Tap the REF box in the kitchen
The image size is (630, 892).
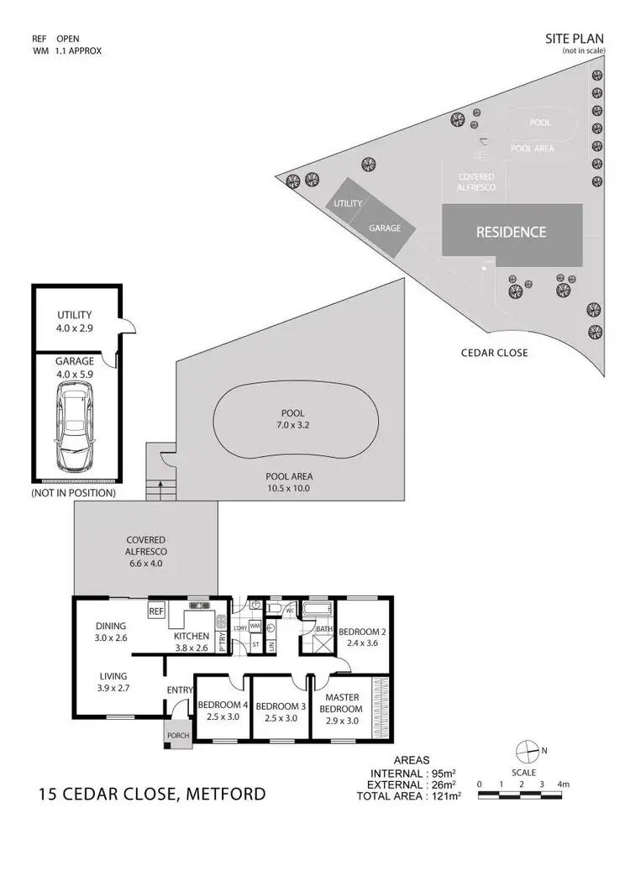156,611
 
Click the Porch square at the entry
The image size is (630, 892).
178,735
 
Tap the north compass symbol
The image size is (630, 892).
527,750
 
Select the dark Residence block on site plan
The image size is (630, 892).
511,232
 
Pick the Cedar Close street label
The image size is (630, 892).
495,353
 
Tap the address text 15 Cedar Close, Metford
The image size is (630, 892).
153,793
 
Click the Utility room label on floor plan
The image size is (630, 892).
74,321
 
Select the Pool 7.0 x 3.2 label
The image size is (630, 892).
292,419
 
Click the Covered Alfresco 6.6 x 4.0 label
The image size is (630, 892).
146,546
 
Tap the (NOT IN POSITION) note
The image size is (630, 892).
73,493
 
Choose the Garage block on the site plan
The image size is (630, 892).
385,228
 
